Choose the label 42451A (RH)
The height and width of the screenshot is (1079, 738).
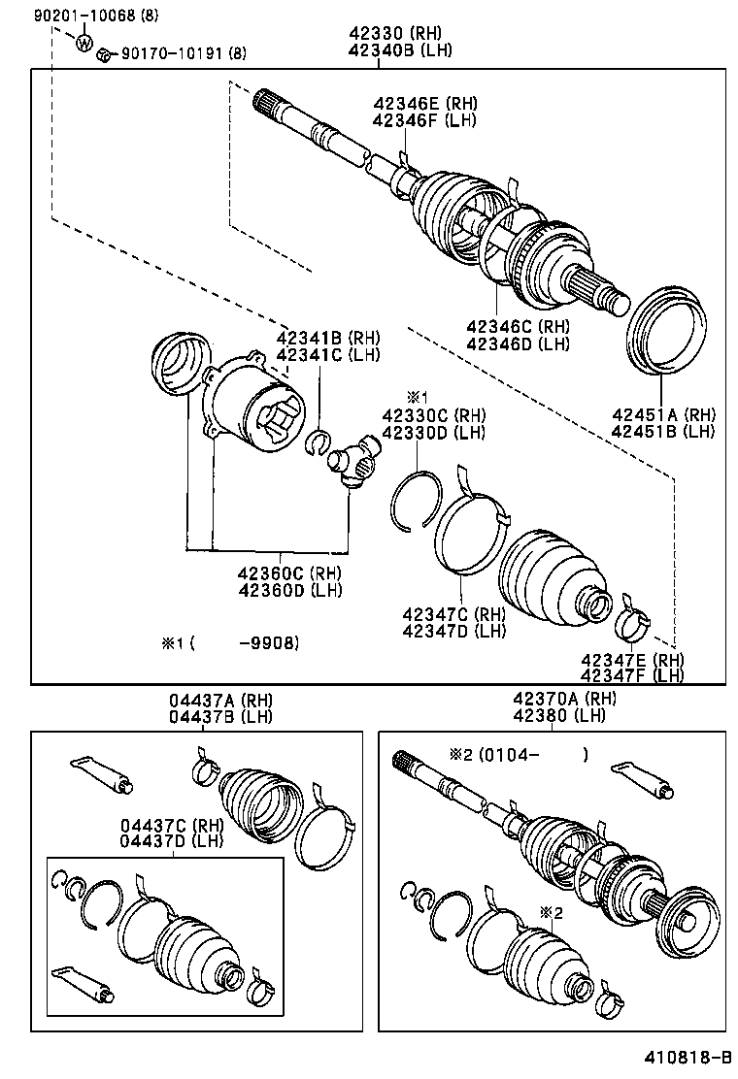tap(662, 414)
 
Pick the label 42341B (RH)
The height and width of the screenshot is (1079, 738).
tap(327, 338)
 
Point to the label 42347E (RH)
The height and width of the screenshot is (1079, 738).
tap(631, 660)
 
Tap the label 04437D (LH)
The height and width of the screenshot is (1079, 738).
tap(172, 840)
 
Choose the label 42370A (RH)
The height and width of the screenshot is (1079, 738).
tap(560, 700)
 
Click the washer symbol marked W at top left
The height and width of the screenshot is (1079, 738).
tap(84, 43)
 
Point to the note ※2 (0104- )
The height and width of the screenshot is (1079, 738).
tap(518, 753)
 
